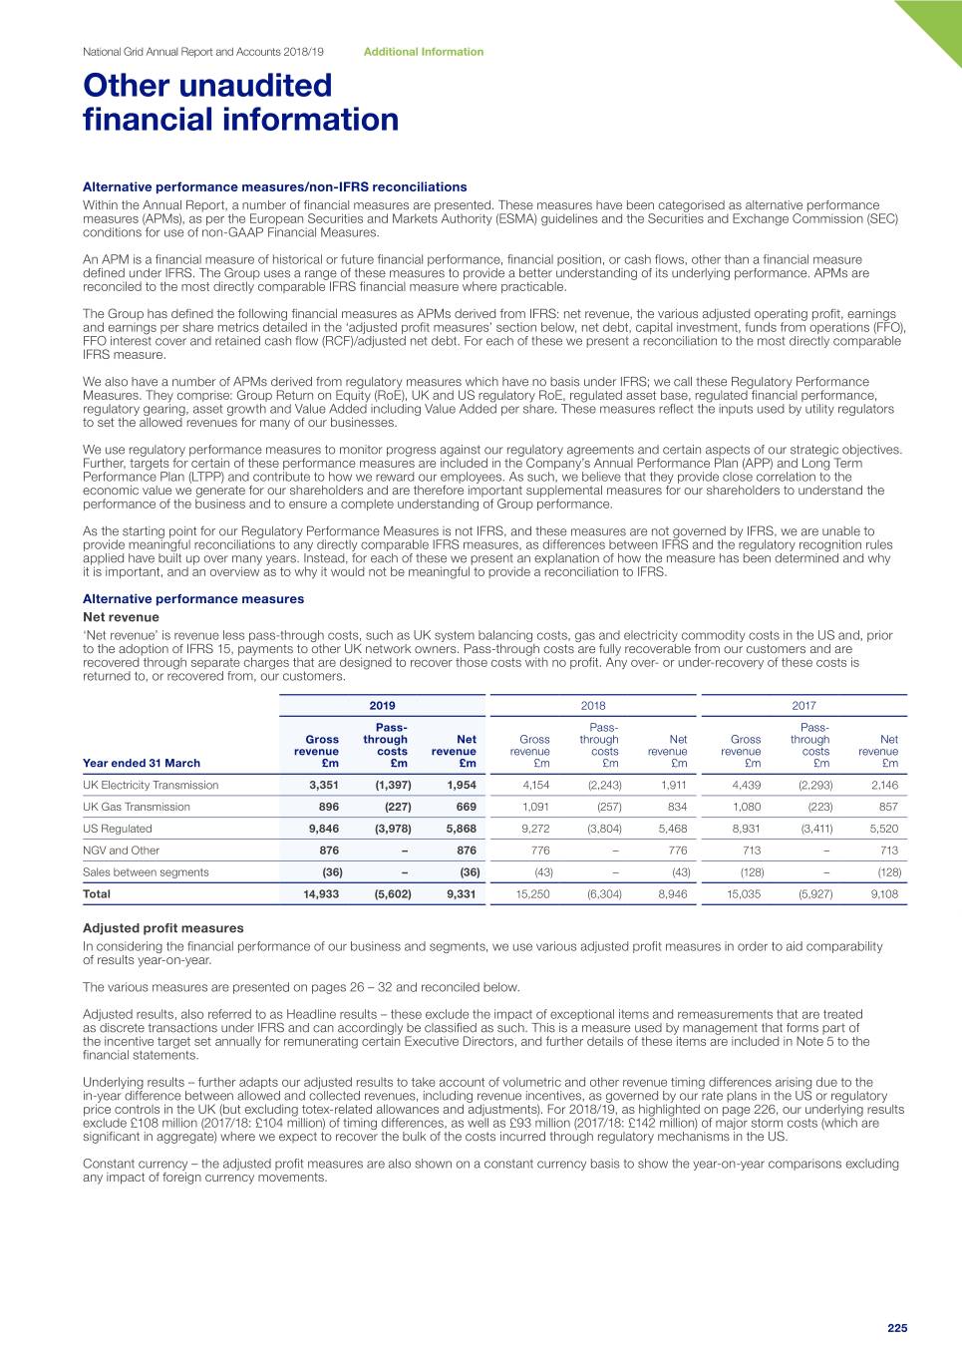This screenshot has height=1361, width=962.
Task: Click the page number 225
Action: (897, 1328)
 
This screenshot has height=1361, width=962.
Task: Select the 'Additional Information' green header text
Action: (424, 52)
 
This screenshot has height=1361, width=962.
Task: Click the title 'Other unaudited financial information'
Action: (240, 103)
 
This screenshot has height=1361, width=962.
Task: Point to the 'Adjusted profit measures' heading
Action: (162, 928)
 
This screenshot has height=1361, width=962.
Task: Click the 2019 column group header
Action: (382, 706)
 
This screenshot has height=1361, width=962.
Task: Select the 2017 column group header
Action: (803, 706)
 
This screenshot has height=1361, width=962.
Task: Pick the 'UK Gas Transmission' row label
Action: (137, 807)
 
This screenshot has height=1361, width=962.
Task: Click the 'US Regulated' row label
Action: (118, 829)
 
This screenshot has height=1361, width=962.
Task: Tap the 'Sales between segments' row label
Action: (146, 872)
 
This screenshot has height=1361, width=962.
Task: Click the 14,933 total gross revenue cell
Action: (321, 894)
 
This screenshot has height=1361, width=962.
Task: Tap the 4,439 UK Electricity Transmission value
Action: (746, 785)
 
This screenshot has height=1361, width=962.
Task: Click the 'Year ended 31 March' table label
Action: (142, 763)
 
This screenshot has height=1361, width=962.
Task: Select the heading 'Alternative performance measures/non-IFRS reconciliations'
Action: (274, 186)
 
